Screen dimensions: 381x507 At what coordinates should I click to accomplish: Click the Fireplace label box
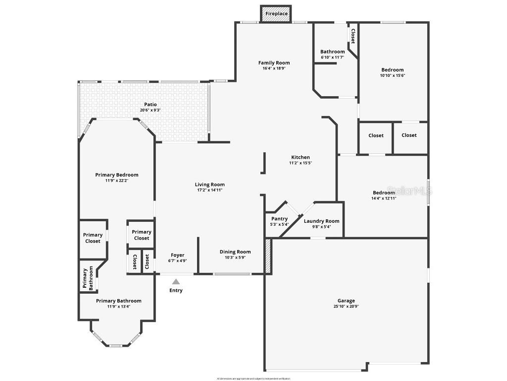coord(276,13)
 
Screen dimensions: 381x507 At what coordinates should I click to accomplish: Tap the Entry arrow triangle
coord(176,281)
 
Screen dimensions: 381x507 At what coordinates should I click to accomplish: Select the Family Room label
coord(274,63)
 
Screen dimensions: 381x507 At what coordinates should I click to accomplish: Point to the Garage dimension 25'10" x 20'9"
coord(346,307)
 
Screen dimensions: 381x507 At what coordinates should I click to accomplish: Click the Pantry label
coord(280,219)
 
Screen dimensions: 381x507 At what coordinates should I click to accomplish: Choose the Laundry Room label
coord(321,221)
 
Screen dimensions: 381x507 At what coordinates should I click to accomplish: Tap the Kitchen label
coord(301,157)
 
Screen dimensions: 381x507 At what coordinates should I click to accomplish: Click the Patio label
coord(150,104)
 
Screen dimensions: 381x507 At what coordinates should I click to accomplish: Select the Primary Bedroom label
coord(117,175)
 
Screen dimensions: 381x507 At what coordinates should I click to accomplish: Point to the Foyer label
coord(177,255)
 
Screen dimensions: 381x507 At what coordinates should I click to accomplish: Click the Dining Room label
coord(235,252)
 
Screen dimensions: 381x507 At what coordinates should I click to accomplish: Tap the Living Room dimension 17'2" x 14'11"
coord(210,190)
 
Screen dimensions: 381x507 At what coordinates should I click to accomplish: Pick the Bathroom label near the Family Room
coord(332,52)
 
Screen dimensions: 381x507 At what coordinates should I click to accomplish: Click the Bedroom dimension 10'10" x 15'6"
coord(392,75)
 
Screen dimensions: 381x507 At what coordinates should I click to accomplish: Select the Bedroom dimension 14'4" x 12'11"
coord(384,198)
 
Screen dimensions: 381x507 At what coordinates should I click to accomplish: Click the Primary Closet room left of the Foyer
coord(141,235)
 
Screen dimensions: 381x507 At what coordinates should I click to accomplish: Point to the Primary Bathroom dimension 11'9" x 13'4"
coord(118,307)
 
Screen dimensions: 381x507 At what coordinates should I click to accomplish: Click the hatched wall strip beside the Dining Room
coord(268,255)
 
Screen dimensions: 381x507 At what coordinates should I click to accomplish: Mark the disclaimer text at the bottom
coord(253,379)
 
